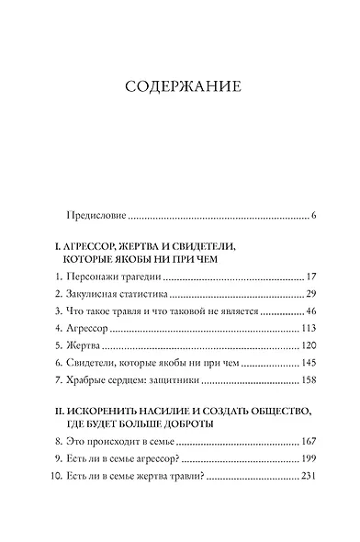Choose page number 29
tap(310, 294)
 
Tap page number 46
tap(310, 312)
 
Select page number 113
tap(308, 330)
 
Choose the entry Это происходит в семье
tap(118, 441)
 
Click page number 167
tap(308, 441)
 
